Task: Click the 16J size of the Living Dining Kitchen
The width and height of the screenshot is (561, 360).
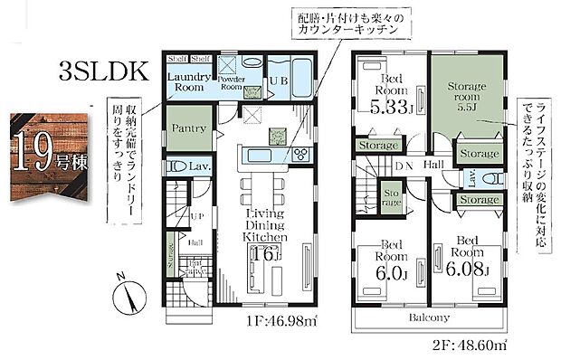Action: pyautogui.click(x=265, y=252)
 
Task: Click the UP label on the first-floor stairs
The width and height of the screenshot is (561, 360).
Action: pyautogui.click(x=196, y=219)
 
